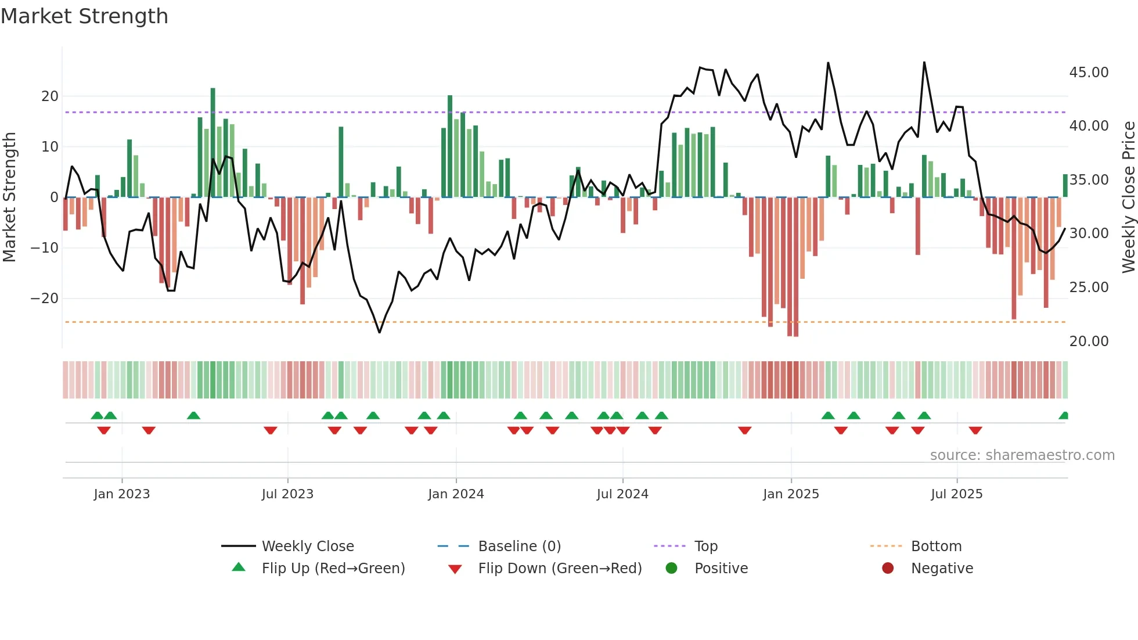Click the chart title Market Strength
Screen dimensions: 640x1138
[x=84, y=16]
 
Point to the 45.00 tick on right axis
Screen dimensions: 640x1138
[x=1089, y=73]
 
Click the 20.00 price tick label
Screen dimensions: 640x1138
[x=1089, y=341]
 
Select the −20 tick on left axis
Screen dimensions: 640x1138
[x=44, y=299]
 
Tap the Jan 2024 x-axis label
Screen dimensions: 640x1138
[x=456, y=494]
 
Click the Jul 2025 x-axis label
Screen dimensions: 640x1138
[x=956, y=494]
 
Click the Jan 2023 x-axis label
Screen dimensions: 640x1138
[x=122, y=494]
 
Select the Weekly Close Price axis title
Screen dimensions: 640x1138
[x=1128, y=197]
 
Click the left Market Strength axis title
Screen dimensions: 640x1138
[x=9, y=197]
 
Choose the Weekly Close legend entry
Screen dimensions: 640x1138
[x=308, y=546]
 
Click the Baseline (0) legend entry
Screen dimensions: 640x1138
[x=519, y=546]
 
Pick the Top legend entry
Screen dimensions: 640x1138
[x=706, y=546]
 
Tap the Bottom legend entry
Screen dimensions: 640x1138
[x=936, y=546]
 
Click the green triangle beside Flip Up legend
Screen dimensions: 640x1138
[x=239, y=567]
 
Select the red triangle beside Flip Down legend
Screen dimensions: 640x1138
[x=455, y=569]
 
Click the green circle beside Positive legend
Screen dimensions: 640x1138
[x=672, y=568]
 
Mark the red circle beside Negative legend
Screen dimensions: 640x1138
[x=888, y=568]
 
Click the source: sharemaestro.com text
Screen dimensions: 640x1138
[x=1022, y=455]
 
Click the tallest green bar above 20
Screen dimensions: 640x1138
[x=213, y=142]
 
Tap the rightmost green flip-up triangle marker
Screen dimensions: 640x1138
[x=1064, y=416]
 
